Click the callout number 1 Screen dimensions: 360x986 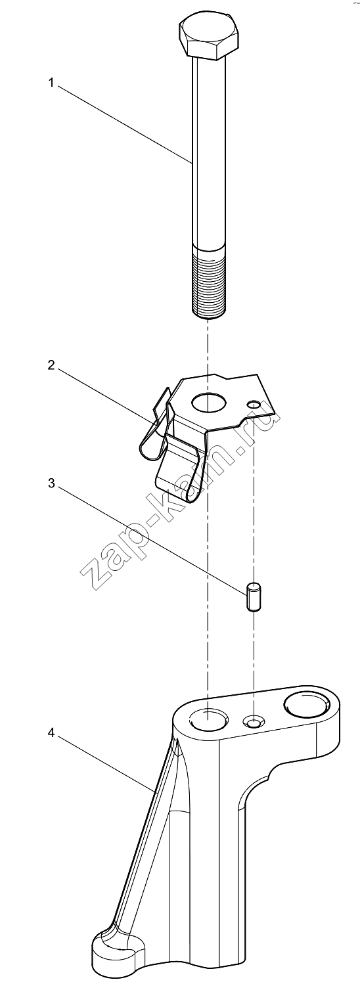pos(51,83)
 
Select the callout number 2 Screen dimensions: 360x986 pos(51,365)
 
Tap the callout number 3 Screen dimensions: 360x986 pos(51,483)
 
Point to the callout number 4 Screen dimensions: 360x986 pos(51,733)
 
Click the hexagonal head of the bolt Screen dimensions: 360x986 pos(209,37)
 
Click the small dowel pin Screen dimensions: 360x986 pos(253,596)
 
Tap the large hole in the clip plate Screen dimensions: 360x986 pos(209,402)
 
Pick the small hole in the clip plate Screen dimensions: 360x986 pos(254,404)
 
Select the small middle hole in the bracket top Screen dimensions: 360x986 pos(254,721)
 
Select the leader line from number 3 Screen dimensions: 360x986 pos(150,540)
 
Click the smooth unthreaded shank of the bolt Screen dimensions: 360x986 pos(209,152)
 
